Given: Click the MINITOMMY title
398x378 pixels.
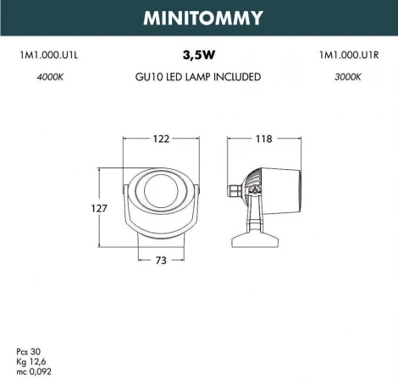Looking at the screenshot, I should (198, 17).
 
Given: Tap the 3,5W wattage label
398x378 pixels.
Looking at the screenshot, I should (198, 56).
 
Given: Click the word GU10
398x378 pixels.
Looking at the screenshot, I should (149, 77).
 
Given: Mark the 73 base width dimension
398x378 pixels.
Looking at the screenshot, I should (162, 260).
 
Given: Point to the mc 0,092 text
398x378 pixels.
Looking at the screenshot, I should (32, 369).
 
